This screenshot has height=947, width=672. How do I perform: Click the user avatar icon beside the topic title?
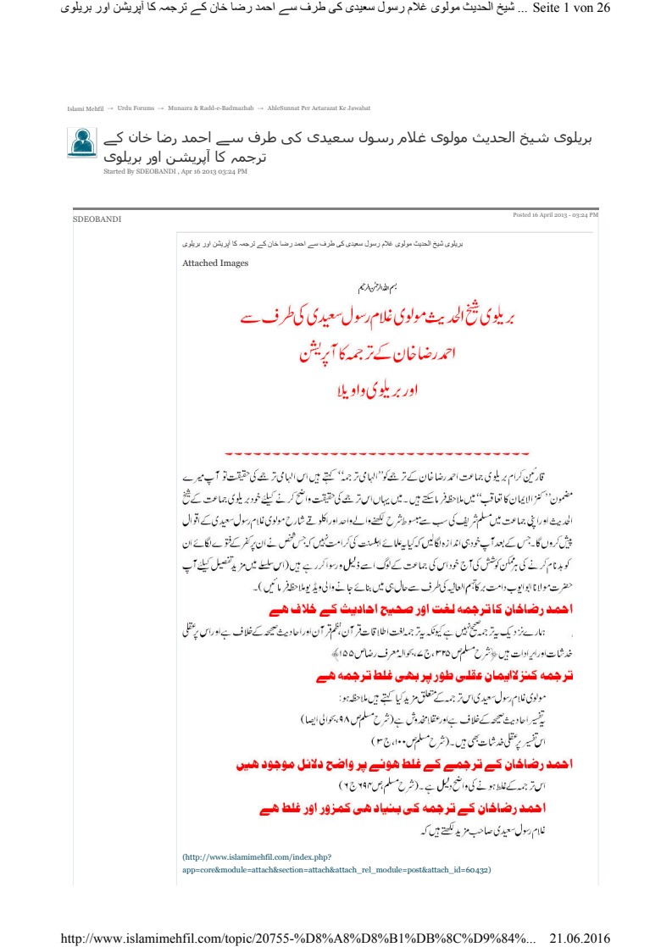point(82,142)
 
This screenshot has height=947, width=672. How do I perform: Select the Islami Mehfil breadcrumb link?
point(85,108)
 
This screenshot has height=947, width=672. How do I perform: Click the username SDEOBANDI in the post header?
point(97,219)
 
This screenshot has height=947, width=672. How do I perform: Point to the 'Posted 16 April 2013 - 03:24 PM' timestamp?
point(555,215)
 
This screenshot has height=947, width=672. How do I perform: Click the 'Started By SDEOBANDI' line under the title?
point(174,172)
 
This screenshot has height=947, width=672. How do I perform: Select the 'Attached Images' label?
point(215,263)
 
